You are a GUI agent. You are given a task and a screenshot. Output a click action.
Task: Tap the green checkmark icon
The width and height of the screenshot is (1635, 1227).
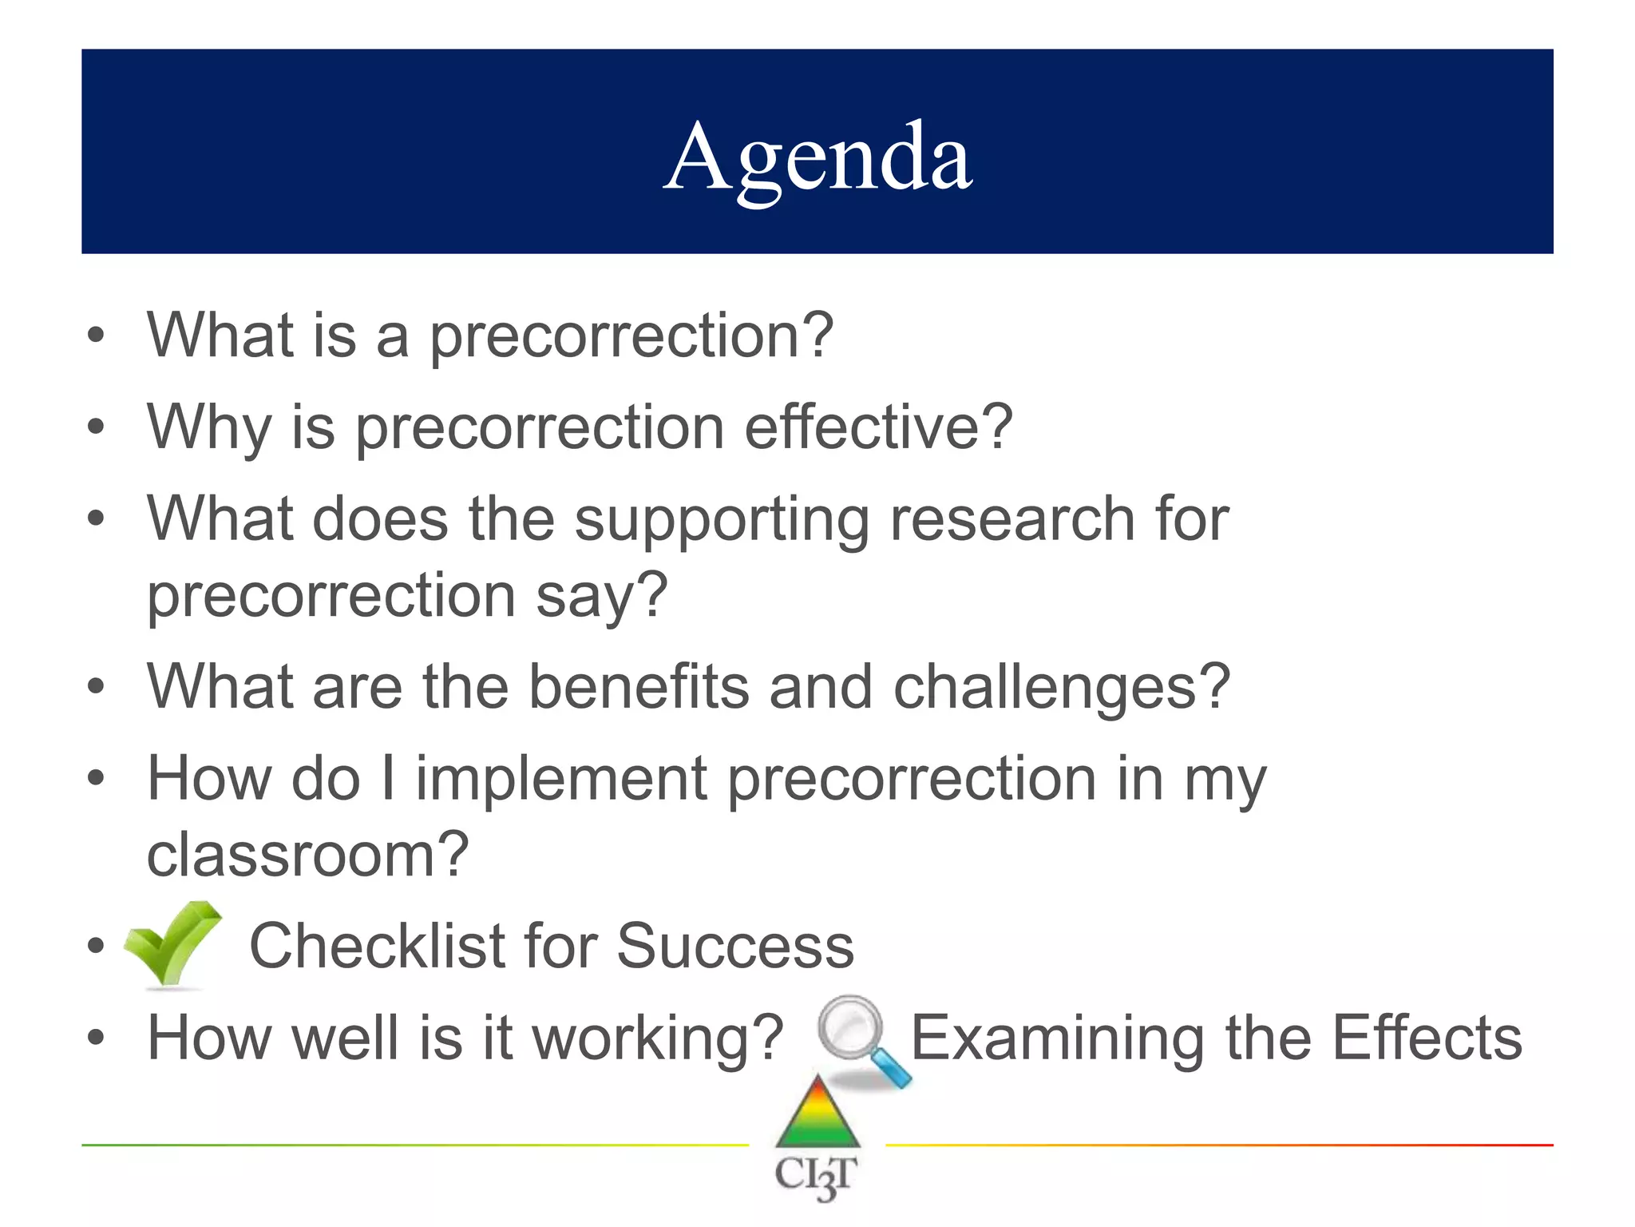[x=172, y=944]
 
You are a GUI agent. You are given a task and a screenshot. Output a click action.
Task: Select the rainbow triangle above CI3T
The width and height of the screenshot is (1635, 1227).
[x=818, y=1114]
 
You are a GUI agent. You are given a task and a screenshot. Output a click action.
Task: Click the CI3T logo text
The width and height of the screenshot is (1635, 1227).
[x=817, y=1177]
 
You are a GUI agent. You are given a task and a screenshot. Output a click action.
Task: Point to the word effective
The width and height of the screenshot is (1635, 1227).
[x=877, y=427]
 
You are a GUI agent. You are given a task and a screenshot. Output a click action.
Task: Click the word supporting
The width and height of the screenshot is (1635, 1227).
[x=722, y=520]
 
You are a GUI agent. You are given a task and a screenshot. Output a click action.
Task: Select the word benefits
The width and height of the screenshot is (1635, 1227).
[x=639, y=687]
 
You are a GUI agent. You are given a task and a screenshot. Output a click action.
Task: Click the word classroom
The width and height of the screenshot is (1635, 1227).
[x=307, y=855]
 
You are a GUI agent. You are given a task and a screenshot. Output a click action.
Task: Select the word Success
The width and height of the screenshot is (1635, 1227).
[x=734, y=947]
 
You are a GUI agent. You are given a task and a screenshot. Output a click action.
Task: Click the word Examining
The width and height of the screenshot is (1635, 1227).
[x=1057, y=1038]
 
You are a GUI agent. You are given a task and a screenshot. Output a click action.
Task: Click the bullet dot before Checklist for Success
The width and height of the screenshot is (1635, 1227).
[x=96, y=947]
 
